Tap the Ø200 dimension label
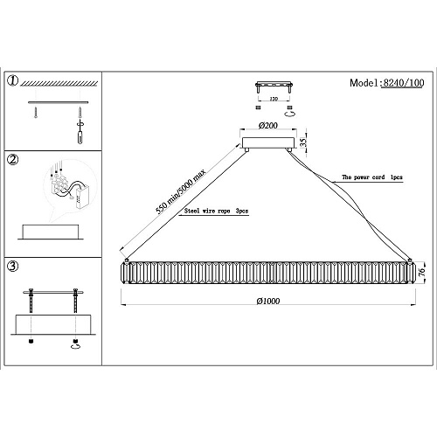[x=268, y=126]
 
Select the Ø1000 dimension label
[x=268, y=301]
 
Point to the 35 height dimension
[x=303, y=142]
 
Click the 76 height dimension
[x=421, y=272]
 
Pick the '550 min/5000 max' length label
[x=181, y=191]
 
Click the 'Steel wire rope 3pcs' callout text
[x=216, y=211]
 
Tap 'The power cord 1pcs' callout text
[x=372, y=177]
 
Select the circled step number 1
[x=13, y=80]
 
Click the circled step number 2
[x=13, y=159]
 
